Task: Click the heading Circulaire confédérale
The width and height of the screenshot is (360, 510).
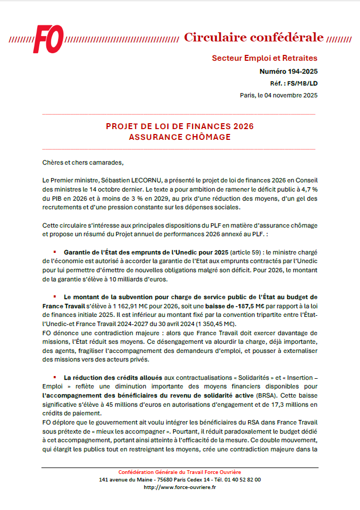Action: coord(253,37)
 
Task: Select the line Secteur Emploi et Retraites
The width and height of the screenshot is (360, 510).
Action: coord(265,58)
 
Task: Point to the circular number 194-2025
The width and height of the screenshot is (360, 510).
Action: coord(302,72)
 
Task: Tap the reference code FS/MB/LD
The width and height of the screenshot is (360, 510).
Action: coord(302,83)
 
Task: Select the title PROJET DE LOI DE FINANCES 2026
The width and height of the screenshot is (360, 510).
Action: coord(180,126)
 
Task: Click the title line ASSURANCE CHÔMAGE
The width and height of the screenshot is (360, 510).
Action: coord(180,137)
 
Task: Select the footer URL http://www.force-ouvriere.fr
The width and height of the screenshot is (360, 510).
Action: coord(180,487)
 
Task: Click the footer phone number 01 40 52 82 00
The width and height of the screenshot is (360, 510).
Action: coord(242,479)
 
